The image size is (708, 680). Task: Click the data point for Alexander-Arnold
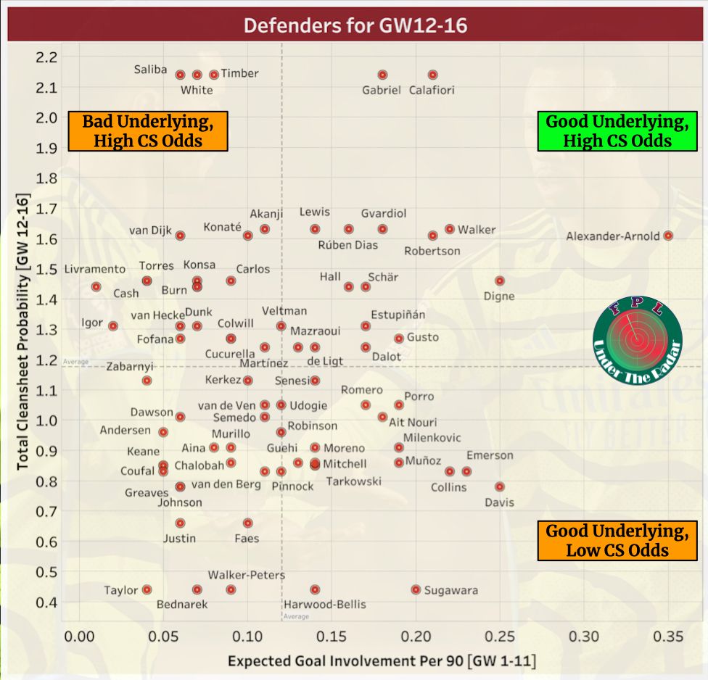pyautogui.click(x=668, y=236)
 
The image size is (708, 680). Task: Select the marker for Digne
pyautogui.click(x=499, y=281)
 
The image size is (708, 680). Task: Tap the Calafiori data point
pyautogui.click(x=433, y=75)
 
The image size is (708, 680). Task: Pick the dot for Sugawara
pyautogui.click(x=416, y=590)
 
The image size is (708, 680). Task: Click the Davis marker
pyautogui.click(x=499, y=487)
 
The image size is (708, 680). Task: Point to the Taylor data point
pyautogui.click(x=147, y=590)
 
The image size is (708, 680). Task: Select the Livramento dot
pyautogui.click(x=96, y=287)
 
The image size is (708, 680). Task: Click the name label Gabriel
pyautogui.click(x=382, y=91)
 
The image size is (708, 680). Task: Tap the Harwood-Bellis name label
pyautogui.click(x=325, y=605)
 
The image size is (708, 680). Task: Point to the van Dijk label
pyautogui.click(x=150, y=231)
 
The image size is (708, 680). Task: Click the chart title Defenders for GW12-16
pyautogui.click(x=355, y=26)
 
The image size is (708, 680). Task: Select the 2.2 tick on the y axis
pyautogui.click(x=50, y=57)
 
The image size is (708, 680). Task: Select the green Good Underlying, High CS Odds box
pyautogui.click(x=617, y=130)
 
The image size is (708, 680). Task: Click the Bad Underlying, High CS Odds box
pyautogui.click(x=147, y=130)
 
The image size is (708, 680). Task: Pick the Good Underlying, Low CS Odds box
pyautogui.click(x=617, y=541)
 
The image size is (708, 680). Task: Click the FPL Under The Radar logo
pyautogui.click(x=637, y=339)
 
